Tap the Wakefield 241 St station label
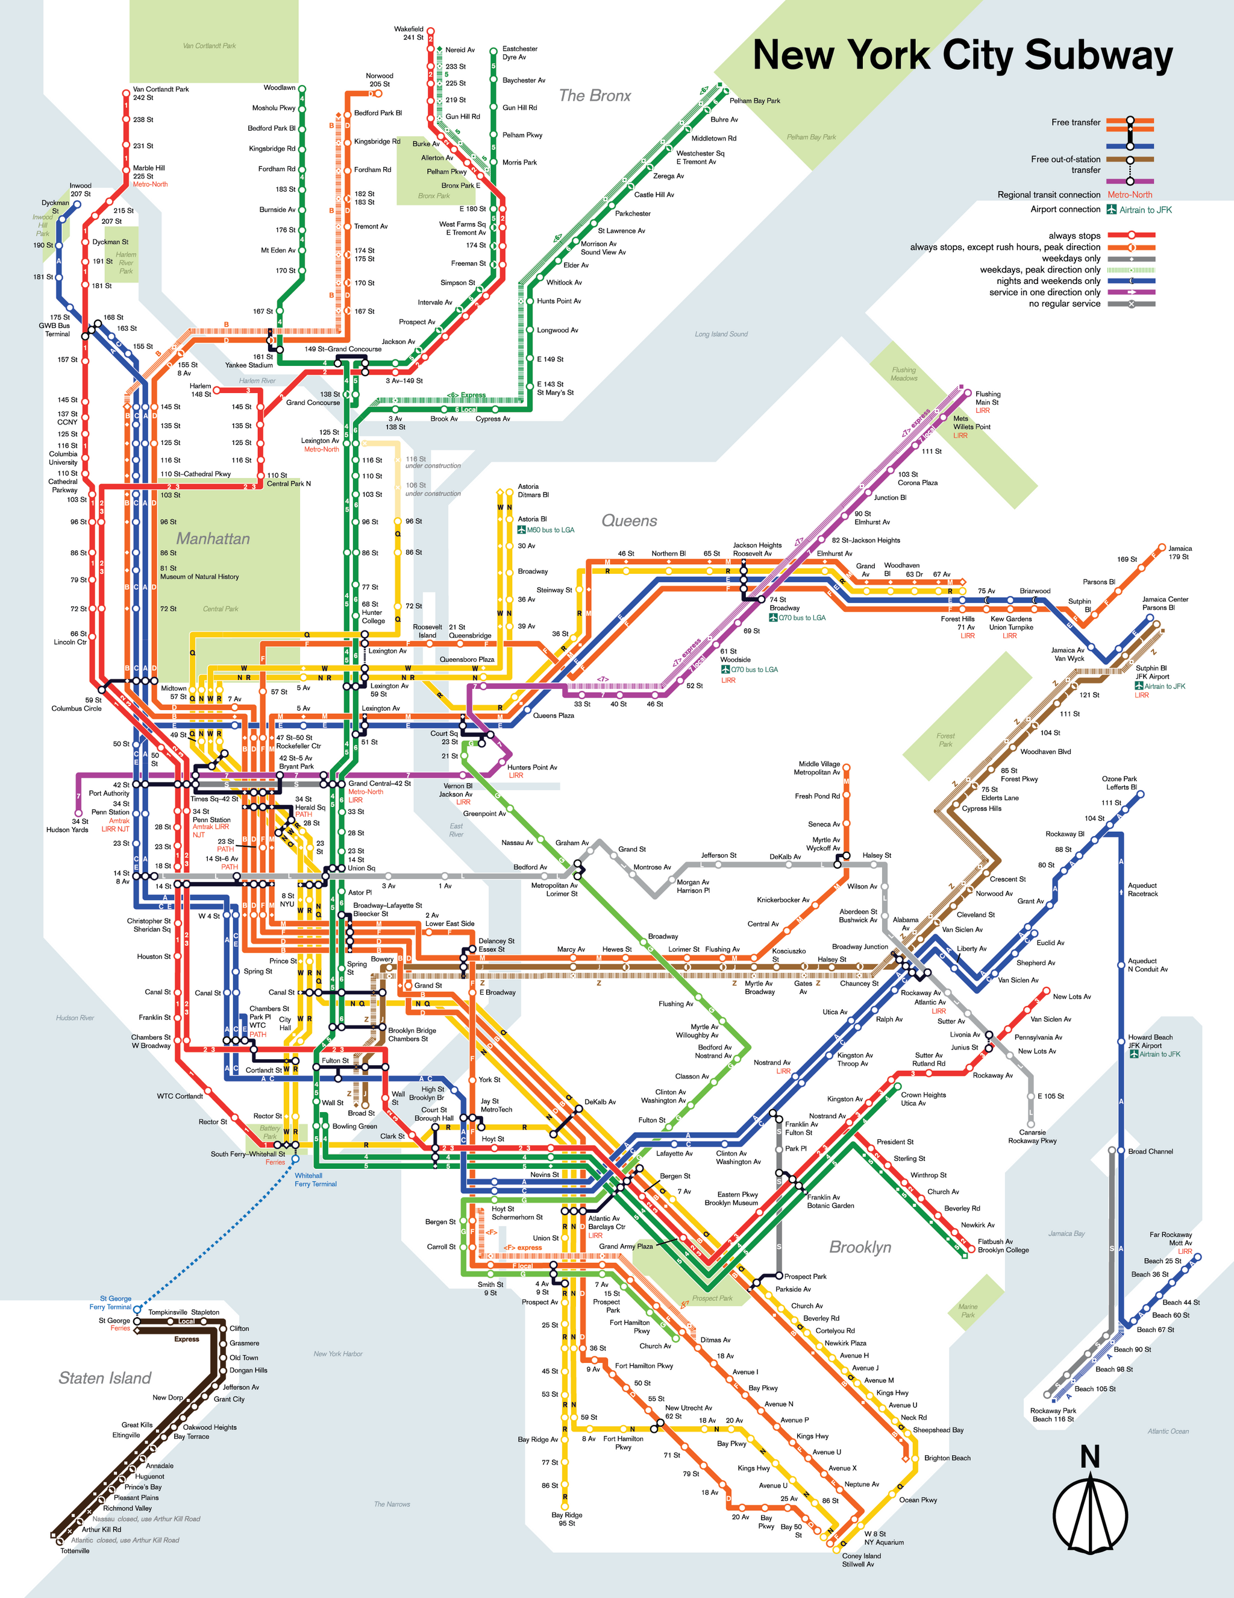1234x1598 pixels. (409, 33)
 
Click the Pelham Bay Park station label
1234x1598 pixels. (754, 101)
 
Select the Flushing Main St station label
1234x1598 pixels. (987, 398)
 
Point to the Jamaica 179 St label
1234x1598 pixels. (1179, 552)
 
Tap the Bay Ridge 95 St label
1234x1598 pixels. (567, 1519)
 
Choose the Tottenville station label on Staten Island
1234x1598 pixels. (75, 1550)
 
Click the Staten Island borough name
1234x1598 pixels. (105, 1378)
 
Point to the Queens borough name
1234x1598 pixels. (629, 521)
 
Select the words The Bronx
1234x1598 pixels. (594, 96)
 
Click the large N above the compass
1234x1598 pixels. (1090, 1458)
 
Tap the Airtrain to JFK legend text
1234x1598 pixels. (1145, 210)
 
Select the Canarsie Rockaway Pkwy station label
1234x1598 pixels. (1032, 1136)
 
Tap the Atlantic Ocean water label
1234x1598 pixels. (1168, 1431)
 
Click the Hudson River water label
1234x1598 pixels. (75, 1018)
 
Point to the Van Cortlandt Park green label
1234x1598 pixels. (209, 46)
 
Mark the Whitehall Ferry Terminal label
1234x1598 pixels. (315, 1180)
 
